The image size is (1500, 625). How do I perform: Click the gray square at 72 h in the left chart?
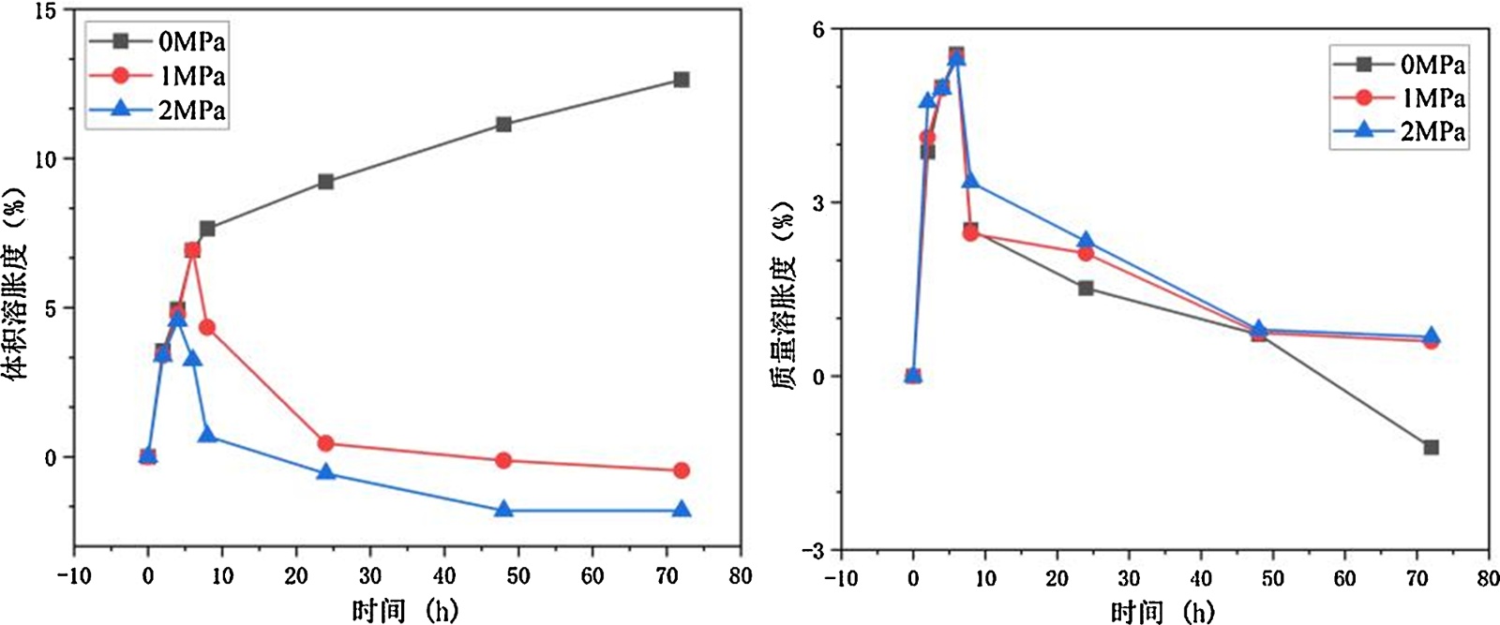pyautogui.click(x=682, y=80)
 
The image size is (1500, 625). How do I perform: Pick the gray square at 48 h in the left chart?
pyautogui.click(x=503, y=124)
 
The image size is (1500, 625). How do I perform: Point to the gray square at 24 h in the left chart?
pyautogui.click(x=325, y=181)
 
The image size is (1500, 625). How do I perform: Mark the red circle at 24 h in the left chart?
pyautogui.click(x=325, y=443)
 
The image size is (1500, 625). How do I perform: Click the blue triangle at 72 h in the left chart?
pyautogui.click(x=682, y=510)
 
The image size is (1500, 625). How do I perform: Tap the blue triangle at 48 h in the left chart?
pyautogui.click(x=503, y=510)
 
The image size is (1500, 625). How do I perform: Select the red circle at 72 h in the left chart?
pyautogui.click(x=682, y=470)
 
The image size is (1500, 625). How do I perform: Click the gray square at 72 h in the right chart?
pyautogui.click(x=1431, y=448)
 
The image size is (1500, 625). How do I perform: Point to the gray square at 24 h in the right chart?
pyautogui.click(x=1086, y=288)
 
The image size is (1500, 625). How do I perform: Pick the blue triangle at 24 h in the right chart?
pyautogui.click(x=1086, y=241)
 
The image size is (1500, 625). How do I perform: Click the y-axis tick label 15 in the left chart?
pyautogui.click(x=45, y=11)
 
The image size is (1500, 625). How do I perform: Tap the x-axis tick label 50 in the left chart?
pyautogui.click(x=517, y=576)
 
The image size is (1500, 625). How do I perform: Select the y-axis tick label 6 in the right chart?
pyautogui.click(x=818, y=30)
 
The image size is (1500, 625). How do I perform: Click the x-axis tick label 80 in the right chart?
pyautogui.click(x=1487, y=578)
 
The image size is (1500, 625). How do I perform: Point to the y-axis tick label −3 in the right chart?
pyautogui.click(x=812, y=551)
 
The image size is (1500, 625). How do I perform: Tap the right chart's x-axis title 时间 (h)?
pyautogui.click(x=1162, y=613)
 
